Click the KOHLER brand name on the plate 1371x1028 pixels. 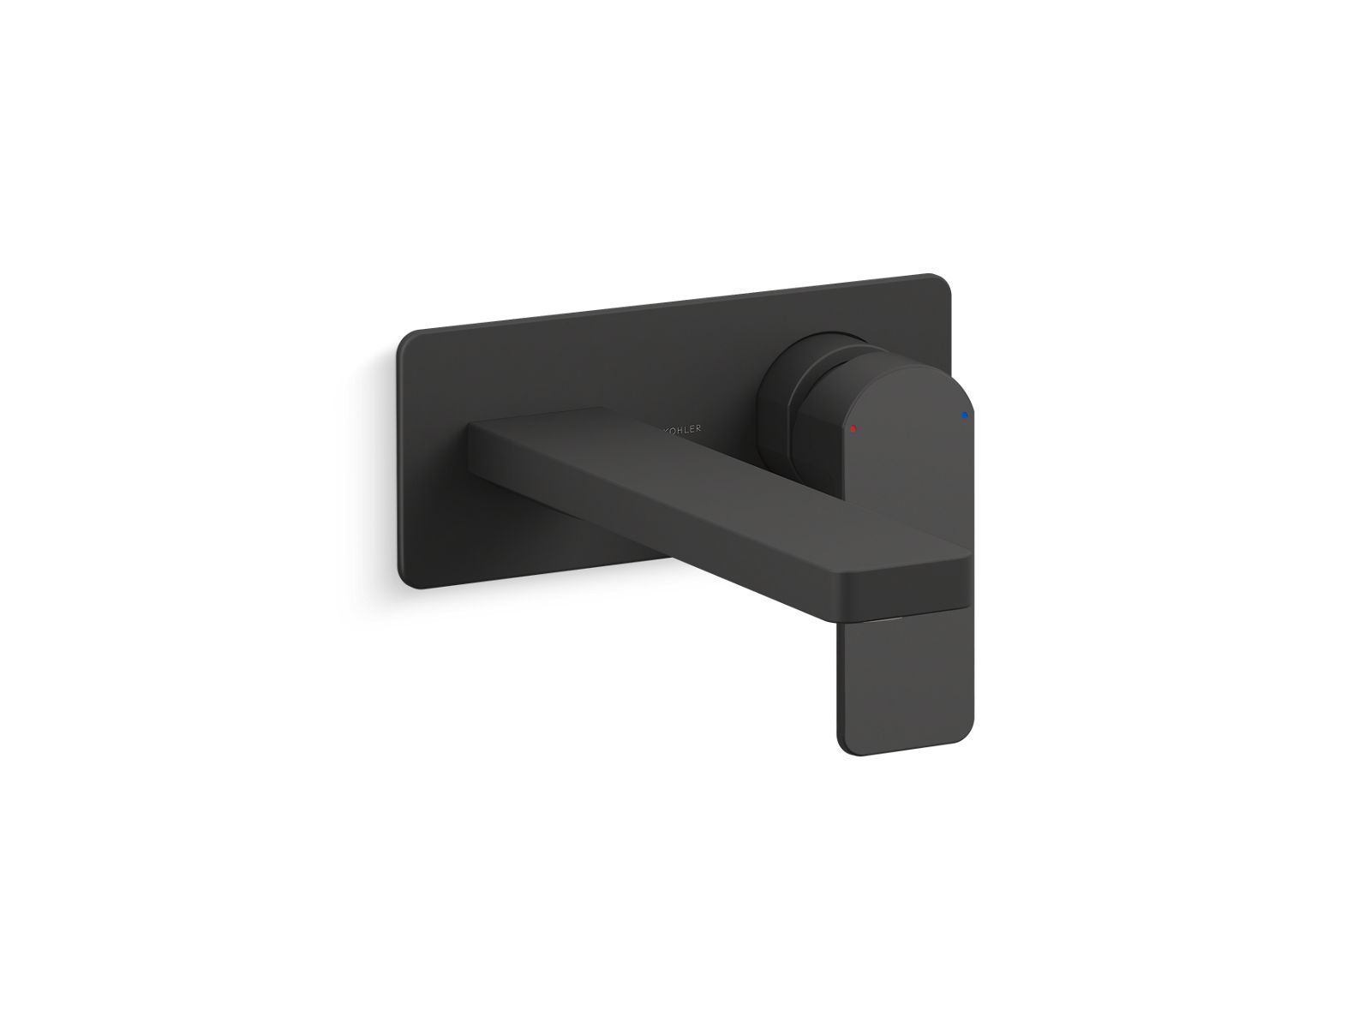click(682, 427)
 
